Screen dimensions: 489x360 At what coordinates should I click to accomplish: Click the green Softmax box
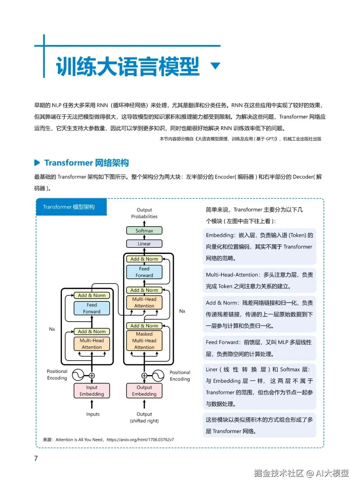pyautogui.click(x=144, y=230)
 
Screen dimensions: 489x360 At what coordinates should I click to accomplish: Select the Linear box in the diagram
pyautogui.click(x=144, y=243)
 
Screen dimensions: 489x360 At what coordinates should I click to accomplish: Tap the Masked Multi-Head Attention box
pyautogui.click(x=144, y=340)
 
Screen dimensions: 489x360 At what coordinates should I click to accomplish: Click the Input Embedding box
pyautogui.click(x=92, y=391)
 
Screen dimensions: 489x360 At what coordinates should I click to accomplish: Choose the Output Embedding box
pyautogui.click(x=144, y=391)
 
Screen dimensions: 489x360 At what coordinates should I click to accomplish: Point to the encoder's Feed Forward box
pyautogui.click(x=92, y=308)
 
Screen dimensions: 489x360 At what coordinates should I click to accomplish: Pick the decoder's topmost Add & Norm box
pyautogui.click(x=144, y=259)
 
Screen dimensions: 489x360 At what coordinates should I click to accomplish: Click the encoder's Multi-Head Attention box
pyautogui.click(x=92, y=344)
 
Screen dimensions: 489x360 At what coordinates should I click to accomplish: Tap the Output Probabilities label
pyautogui.click(x=144, y=213)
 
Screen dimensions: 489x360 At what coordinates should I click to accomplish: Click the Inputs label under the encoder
pyautogui.click(x=93, y=414)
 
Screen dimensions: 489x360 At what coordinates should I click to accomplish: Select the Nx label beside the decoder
pyautogui.click(x=182, y=311)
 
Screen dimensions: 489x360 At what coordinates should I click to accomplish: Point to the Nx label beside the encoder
pyautogui.click(x=52, y=329)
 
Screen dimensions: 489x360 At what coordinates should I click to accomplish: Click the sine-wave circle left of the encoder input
pyautogui.click(x=78, y=375)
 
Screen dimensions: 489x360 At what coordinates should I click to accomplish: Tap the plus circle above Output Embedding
pyautogui.click(x=144, y=376)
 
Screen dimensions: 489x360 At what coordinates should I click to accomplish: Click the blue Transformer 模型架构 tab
pyautogui.click(x=71, y=207)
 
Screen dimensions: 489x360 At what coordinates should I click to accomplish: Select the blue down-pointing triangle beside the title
pyautogui.click(x=216, y=65)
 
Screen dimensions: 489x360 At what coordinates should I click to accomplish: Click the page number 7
pyautogui.click(x=36, y=458)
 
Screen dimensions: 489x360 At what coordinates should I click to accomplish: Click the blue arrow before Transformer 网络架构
pyautogui.click(x=37, y=163)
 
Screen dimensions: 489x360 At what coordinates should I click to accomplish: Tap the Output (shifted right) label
pyautogui.click(x=144, y=418)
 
